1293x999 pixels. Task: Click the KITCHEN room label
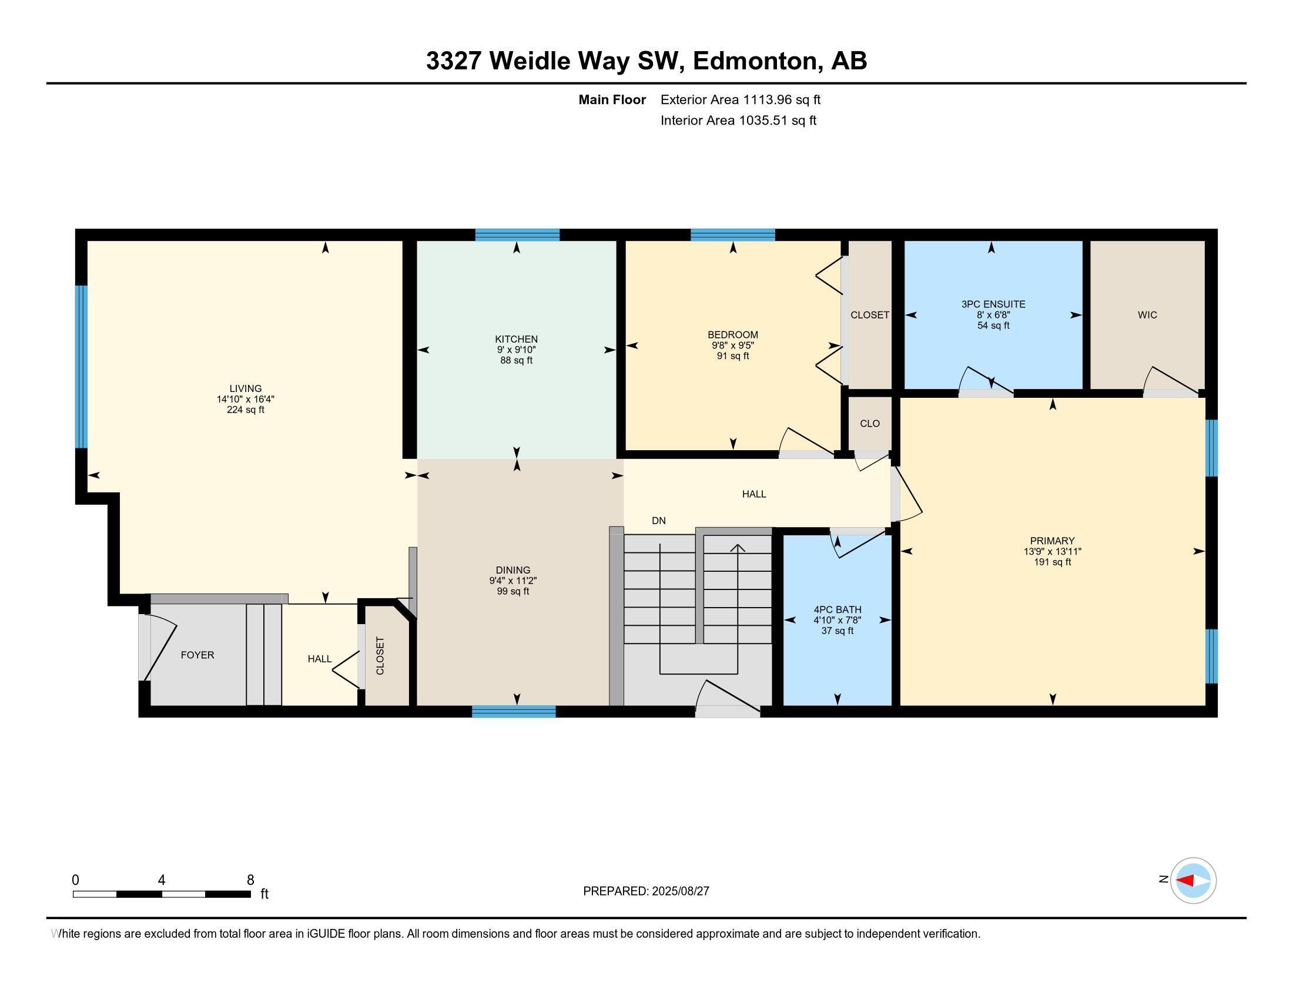point(516,339)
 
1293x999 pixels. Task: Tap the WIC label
point(1147,315)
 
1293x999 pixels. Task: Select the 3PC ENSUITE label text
point(993,304)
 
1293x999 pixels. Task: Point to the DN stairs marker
point(658,521)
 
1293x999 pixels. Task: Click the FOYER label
point(197,655)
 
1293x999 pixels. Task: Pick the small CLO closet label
point(870,424)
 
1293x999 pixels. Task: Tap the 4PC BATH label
point(837,609)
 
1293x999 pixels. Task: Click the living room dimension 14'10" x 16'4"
point(245,400)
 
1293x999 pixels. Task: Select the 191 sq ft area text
point(1052,562)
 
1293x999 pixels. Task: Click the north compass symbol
point(1192,880)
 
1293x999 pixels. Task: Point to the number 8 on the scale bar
point(250,880)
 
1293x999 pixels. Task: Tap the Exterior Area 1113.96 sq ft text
point(740,100)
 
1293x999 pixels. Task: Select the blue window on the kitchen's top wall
point(517,235)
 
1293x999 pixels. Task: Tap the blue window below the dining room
point(513,712)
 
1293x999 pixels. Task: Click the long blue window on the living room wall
point(81,367)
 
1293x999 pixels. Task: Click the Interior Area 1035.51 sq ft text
point(738,120)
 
